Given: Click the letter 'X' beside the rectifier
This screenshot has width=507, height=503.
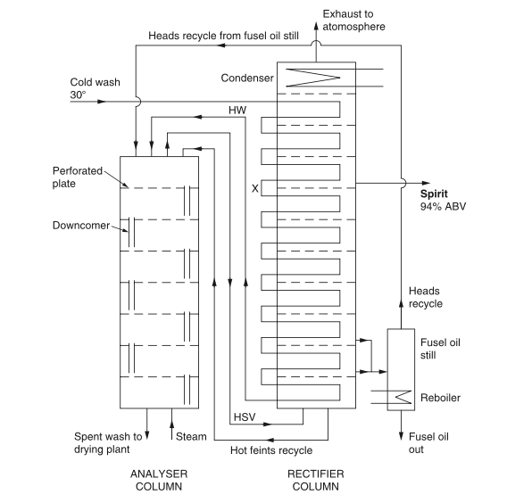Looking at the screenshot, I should pyautogui.click(x=255, y=188).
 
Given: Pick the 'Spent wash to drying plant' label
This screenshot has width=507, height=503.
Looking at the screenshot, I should pyautogui.click(x=109, y=443).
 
